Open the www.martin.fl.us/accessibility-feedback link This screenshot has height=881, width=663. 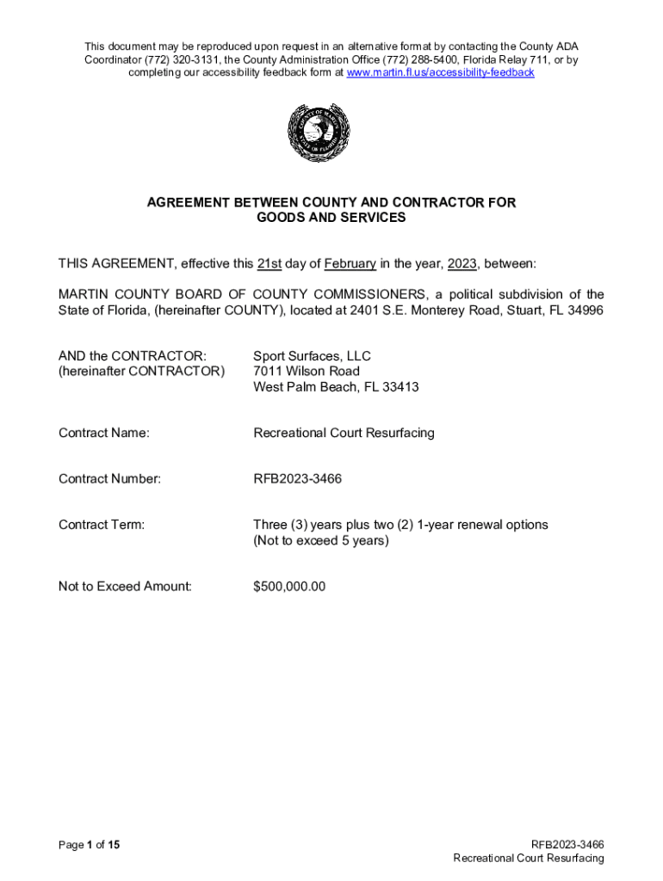440,73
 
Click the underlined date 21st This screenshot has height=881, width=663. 270,263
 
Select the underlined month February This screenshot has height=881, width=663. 350,263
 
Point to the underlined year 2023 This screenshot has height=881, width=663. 462,263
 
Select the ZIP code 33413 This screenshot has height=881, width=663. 400,387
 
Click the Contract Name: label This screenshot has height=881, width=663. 103,434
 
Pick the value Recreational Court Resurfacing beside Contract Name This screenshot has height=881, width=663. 344,434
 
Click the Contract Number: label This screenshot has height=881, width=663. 109,479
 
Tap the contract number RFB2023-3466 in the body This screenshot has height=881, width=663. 297,479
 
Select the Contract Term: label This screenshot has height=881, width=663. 102,525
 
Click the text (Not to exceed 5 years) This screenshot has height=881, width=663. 321,541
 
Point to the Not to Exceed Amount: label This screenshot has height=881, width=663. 125,587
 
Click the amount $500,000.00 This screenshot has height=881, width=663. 289,587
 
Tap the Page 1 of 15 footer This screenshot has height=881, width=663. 89,845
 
